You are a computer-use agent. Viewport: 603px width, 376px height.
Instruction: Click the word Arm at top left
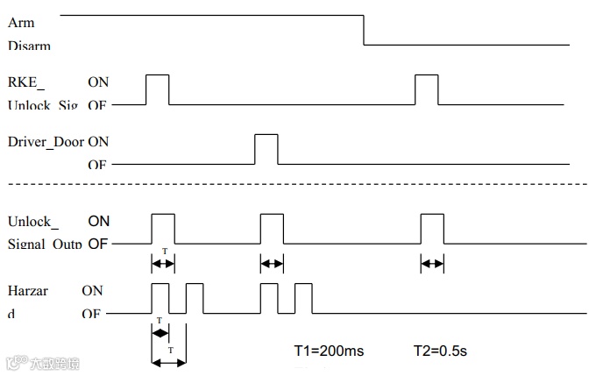point(20,23)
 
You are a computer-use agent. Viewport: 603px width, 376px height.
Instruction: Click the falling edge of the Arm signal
point(364,30)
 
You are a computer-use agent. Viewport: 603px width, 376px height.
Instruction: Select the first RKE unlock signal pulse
point(157,89)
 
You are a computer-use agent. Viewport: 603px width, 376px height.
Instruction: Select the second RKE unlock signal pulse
point(426,89)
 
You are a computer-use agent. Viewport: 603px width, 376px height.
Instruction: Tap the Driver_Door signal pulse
point(266,149)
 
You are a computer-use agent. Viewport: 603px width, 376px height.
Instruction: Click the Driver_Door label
point(45,141)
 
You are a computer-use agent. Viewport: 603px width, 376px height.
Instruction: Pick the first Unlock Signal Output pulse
point(163,228)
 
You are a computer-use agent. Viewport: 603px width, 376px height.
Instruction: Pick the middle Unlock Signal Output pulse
point(272,228)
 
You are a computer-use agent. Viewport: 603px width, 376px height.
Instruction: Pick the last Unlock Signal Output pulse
point(432,228)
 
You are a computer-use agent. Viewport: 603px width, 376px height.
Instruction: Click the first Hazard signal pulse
point(160,298)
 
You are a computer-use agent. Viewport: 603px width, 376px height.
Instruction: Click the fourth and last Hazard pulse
point(303,298)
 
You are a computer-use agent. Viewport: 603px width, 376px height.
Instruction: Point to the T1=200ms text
point(328,351)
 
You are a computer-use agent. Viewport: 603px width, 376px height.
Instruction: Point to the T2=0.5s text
point(439,351)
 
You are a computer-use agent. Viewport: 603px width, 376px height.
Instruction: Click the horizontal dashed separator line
point(298,184)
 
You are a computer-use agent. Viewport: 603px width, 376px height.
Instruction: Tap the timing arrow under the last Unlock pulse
point(432,262)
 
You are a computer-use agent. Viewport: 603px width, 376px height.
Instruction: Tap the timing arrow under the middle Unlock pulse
point(272,262)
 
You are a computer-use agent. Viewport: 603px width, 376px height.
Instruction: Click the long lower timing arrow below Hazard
point(169,361)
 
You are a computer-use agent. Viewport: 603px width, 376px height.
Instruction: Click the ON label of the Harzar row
point(93,290)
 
